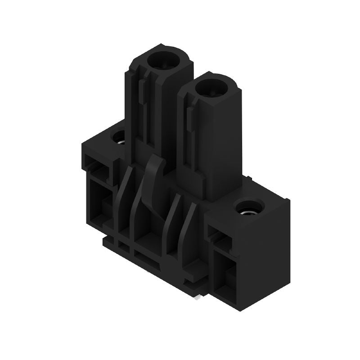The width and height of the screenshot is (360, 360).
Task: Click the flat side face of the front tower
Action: [x=220, y=144]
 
